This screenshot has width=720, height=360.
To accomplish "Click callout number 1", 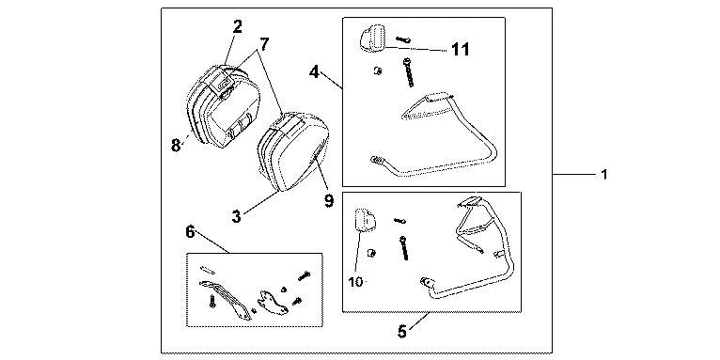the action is pyautogui.click(x=604, y=175).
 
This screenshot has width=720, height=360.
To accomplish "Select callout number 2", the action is pyautogui.click(x=237, y=26).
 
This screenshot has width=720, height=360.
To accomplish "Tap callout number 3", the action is pyautogui.click(x=236, y=216).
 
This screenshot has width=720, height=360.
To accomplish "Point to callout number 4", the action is pyautogui.click(x=314, y=72).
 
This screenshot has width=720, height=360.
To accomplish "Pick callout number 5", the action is pyautogui.click(x=401, y=331).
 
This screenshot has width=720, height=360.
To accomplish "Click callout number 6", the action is pyautogui.click(x=190, y=232).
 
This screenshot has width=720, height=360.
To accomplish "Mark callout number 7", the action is pyautogui.click(x=264, y=44).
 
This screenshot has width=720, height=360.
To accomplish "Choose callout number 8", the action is pyautogui.click(x=176, y=146).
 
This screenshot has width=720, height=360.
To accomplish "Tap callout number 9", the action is pyautogui.click(x=329, y=201).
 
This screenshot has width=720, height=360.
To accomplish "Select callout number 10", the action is pyautogui.click(x=355, y=281).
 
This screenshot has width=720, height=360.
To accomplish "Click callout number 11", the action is pyautogui.click(x=460, y=49).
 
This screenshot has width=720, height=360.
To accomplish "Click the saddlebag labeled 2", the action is pyautogui.click(x=224, y=106).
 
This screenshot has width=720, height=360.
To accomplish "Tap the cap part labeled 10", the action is pyautogui.click(x=365, y=220).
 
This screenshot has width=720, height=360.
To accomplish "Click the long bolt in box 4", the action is pyautogui.click(x=408, y=72).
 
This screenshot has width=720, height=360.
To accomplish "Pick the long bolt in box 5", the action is pyautogui.click(x=404, y=248).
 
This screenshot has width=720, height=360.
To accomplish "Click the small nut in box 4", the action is pyautogui.click(x=378, y=71).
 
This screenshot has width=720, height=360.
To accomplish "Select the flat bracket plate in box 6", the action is pyautogui.click(x=274, y=302).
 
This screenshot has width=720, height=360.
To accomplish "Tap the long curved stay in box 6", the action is pyautogui.click(x=226, y=299).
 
